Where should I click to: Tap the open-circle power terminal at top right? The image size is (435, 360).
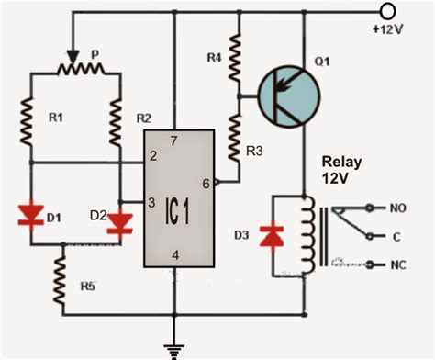388,10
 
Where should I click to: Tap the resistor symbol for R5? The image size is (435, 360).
61,276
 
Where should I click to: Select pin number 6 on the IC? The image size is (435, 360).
206,183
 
